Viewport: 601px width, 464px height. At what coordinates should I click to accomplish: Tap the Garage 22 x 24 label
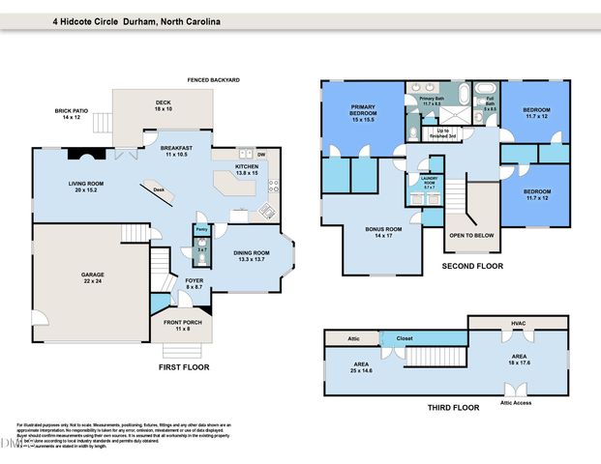click(x=92, y=278)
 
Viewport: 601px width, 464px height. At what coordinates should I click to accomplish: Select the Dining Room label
click(x=252, y=256)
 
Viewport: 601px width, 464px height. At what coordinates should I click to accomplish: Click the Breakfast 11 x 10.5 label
click(x=177, y=151)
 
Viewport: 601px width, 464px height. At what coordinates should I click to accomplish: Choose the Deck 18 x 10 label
click(x=163, y=106)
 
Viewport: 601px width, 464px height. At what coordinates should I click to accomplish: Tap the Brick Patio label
click(x=72, y=114)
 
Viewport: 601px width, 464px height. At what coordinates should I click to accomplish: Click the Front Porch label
click(x=178, y=326)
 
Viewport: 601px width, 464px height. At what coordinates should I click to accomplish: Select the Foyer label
click(x=194, y=283)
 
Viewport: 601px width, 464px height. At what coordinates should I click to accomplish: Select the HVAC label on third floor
click(x=518, y=323)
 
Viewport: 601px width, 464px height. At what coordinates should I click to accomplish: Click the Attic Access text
click(x=515, y=402)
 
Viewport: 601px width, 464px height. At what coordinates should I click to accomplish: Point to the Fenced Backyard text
click(x=213, y=79)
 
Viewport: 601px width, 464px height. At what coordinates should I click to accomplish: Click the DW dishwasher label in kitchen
click(x=260, y=154)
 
